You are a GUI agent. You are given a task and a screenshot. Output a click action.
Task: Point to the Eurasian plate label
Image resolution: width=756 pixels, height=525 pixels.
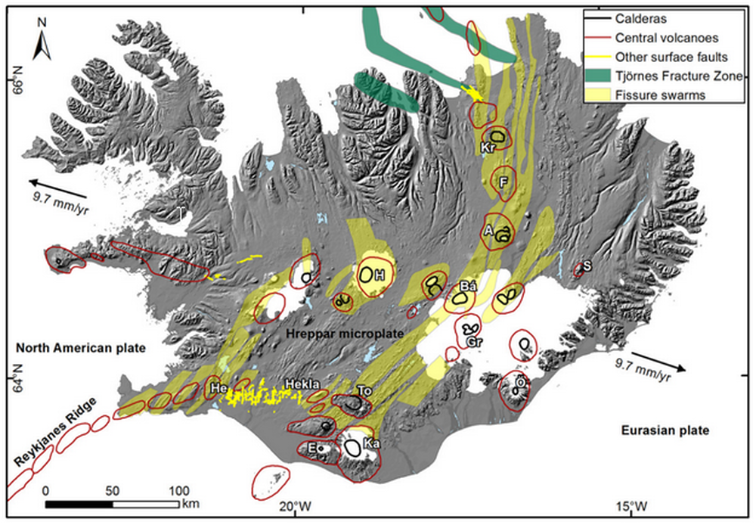pos(665,430)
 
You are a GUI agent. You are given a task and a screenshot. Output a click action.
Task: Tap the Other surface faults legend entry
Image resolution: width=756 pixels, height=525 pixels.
pos(661,56)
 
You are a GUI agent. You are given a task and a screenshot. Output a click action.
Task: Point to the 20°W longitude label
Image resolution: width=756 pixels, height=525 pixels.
pos(293,506)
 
